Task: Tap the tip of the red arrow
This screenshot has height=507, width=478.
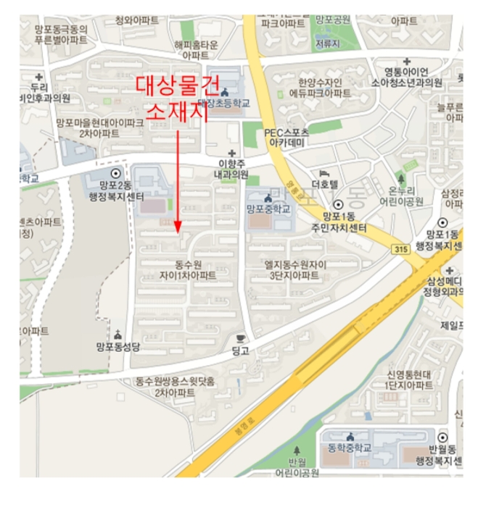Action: pos(178,231)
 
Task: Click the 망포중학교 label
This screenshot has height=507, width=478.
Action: pos(268,209)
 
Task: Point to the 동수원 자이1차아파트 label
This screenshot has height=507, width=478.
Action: pos(191,270)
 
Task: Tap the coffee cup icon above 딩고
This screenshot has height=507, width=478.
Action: pos(240,338)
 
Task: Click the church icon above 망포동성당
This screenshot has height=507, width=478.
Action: pos(117,335)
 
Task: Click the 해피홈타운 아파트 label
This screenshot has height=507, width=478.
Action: pos(196,49)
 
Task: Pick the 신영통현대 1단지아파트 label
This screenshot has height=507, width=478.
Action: pos(411,380)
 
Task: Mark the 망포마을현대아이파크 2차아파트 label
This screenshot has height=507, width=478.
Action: pos(100,128)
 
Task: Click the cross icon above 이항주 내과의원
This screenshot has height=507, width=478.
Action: pos(232,154)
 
